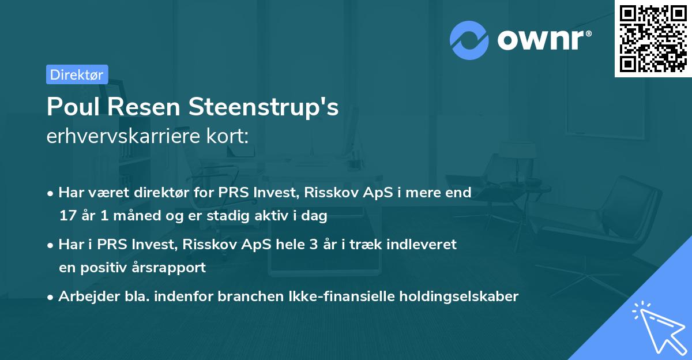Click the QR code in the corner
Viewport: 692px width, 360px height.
(x=653, y=39)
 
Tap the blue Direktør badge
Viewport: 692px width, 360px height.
(x=77, y=74)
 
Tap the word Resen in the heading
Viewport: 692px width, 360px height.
(x=152, y=107)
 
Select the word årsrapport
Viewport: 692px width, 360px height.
(x=172, y=268)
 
